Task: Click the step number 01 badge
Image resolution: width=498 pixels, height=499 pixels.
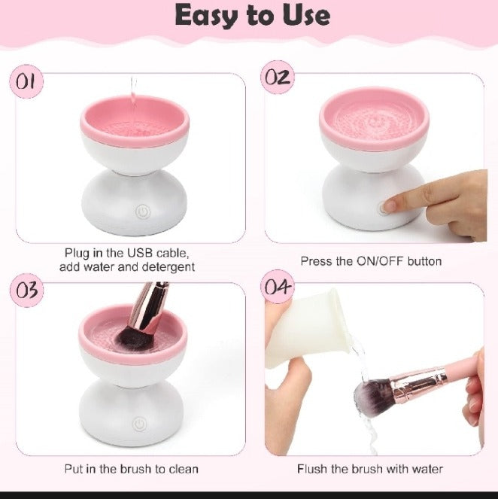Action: pyautogui.click(x=26, y=81)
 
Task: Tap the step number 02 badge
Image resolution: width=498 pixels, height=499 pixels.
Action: pyautogui.click(x=278, y=78)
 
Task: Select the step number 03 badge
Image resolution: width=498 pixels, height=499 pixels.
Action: pyautogui.click(x=26, y=291)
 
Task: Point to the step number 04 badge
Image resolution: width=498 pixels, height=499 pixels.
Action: pyautogui.click(x=278, y=287)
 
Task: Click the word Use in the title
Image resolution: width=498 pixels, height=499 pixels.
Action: pyautogui.click(x=307, y=15)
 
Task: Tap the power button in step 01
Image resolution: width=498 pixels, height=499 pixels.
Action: pyautogui.click(x=143, y=211)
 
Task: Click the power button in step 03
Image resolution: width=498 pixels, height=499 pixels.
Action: pyautogui.click(x=139, y=424)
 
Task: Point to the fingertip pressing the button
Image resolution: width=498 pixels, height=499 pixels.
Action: pyautogui.click(x=389, y=205)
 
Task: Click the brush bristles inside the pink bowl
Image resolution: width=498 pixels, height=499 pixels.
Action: pyautogui.click(x=134, y=338)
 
